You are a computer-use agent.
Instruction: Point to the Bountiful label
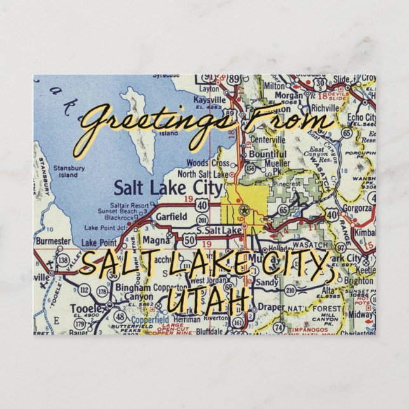click(x=267, y=153)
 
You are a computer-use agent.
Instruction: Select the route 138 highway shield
click(x=62, y=260)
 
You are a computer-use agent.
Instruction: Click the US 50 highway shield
click(x=189, y=239)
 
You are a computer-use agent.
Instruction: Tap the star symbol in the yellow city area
click(x=243, y=210)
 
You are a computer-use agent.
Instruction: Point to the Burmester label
click(x=52, y=241)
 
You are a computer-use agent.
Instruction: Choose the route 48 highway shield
click(x=119, y=316)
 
